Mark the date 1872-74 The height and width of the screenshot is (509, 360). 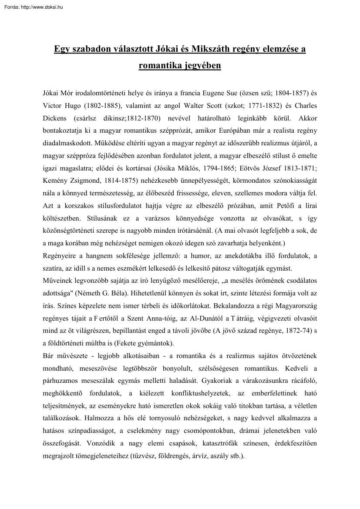click(x=291, y=330)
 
